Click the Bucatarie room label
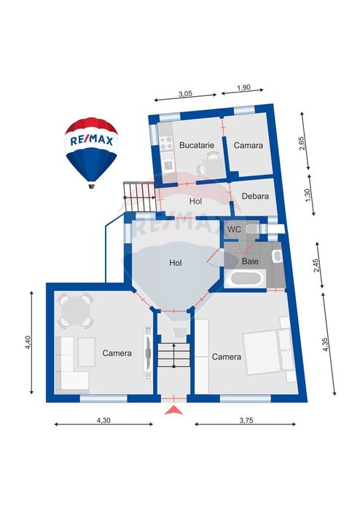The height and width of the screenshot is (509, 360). point(197,145)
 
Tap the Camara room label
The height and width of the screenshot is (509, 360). point(249,146)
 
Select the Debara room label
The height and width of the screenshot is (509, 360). point(255,196)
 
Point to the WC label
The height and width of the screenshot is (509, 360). point(234,229)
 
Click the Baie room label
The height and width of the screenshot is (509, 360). point(250,261)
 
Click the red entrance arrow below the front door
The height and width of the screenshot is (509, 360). point(174,410)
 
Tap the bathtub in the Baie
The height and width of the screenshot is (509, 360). point(245,279)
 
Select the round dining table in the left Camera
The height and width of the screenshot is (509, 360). point(75,310)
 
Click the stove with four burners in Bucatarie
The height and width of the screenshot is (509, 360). point(166,143)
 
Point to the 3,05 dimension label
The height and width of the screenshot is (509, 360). point(186,94)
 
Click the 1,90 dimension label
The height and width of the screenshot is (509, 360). point(243,87)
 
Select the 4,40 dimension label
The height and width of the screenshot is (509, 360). point(28,342)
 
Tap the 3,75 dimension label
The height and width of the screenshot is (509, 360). point(246,420)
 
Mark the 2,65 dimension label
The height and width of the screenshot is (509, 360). point(302,143)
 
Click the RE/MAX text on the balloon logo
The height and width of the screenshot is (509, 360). point(92,141)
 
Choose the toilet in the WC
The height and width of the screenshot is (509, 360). point(252,229)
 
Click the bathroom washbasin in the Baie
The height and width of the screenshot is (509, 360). point(277,256)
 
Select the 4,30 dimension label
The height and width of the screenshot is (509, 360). point(103,420)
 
